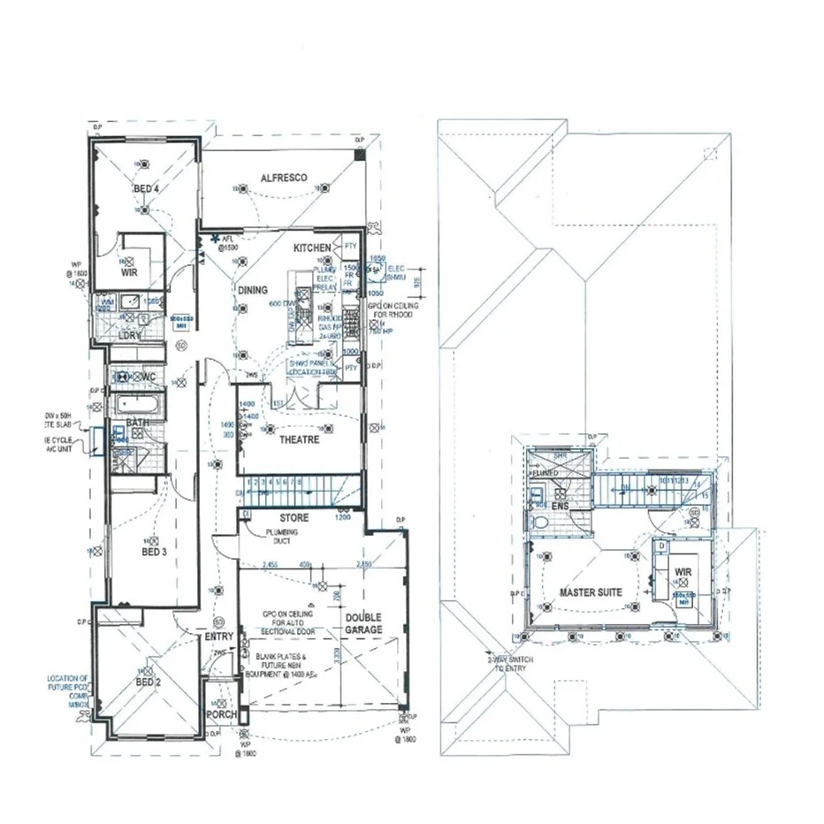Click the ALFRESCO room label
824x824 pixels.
tap(284, 178)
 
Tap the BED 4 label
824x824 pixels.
tap(146, 188)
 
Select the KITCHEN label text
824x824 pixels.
tap(312, 248)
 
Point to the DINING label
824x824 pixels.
tap(252, 290)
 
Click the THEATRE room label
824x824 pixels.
tap(299, 439)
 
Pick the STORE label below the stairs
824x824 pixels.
tap(294, 517)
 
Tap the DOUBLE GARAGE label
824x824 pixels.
tap(363, 623)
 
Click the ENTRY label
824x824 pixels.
tap(219, 637)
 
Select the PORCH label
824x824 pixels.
tap(219, 713)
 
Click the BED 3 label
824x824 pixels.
tap(153, 551)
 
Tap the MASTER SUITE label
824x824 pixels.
tap(591, 592)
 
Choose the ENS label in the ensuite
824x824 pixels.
tap(560, 506)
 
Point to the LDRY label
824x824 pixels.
tap(130, 336)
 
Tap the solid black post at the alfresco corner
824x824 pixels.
tap(359, 156)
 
